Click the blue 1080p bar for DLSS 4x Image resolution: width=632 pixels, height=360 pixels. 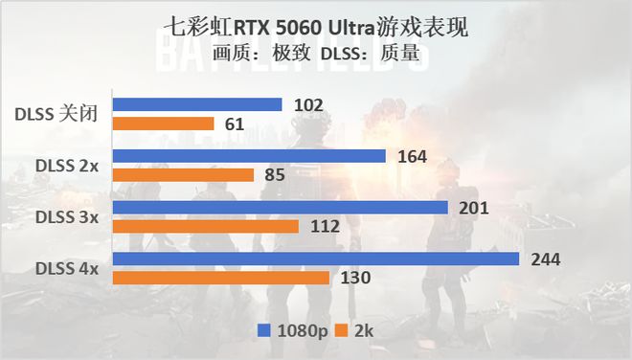tap(316, 259)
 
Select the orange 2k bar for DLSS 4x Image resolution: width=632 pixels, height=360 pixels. tap(221, 278)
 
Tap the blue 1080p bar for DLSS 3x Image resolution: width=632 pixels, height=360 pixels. tap(281, 208)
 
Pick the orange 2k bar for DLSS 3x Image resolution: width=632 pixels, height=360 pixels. tap(206, 226)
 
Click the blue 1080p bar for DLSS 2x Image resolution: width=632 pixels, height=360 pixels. tap(249, 156)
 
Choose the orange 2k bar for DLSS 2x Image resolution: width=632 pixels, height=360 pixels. tap(184, 175)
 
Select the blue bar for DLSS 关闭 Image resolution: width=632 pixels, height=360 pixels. tap(197, 104)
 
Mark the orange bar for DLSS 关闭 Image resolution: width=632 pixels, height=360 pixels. tap(164, 124)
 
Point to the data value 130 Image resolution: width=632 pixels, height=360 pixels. tap(355, 278)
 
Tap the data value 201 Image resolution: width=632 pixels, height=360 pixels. tap(474, 208)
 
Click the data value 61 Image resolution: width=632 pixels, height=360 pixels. tap(236, 124)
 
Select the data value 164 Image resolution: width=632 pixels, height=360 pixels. tap(412, 156)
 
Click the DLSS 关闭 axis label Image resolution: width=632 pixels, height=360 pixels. tap(56, 114)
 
